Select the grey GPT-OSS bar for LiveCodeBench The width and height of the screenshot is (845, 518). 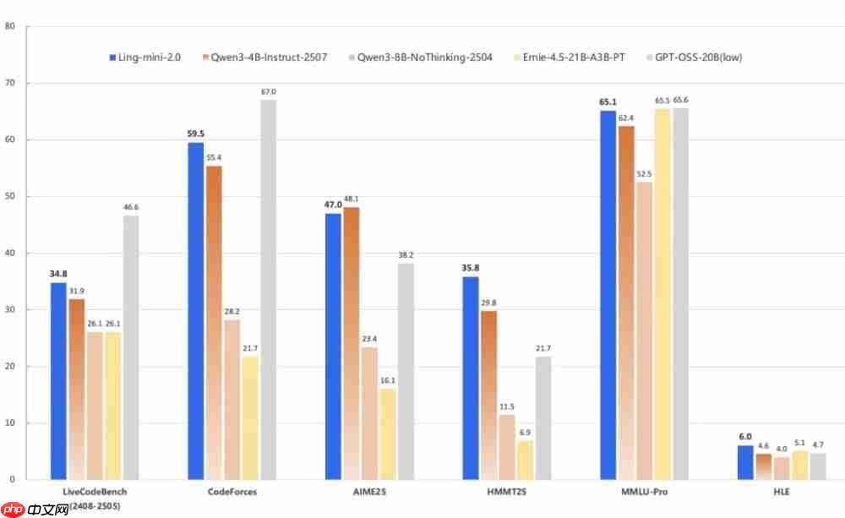pyautogui.click(x=131, y=347)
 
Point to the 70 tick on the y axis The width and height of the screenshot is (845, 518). pyautogui.click(x=10, y=83)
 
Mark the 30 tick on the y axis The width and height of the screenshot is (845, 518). pyautogui.click(x=10, y=309)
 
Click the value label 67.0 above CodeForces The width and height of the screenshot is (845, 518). pyautogui.click(x=268, y=91)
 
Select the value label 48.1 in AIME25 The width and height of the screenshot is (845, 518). pyautogui.click(x=351, y=199)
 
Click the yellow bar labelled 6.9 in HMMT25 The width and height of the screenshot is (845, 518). pyautogui.click(x=525, y=460)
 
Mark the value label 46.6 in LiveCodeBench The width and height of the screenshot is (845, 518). pyautogui.click(x=131, y=207)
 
